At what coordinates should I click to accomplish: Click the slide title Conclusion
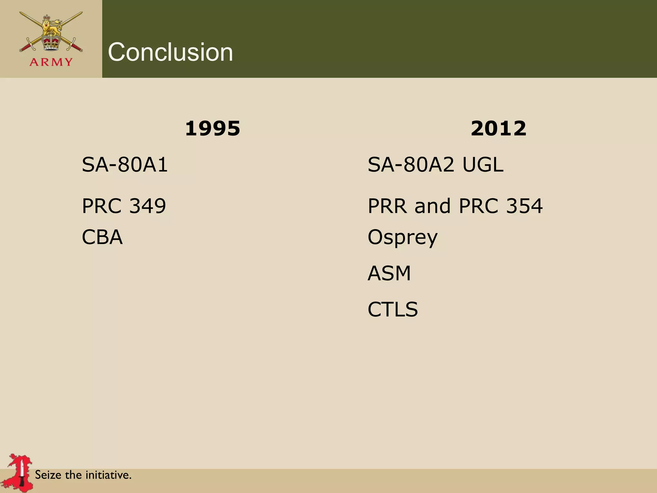pos(170,52)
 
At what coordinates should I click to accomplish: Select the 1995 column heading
pos(213,128)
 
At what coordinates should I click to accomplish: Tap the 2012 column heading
pos(499,128)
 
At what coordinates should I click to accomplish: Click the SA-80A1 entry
pos(125,165)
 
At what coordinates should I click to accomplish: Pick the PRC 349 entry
pos(124,206)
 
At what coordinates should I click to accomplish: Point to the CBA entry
pos(102,237)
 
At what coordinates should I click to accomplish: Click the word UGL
pos(483,165)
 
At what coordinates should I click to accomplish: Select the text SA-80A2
pos(411,165)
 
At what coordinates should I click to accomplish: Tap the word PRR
pos(388,206)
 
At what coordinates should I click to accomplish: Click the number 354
pos(524,206)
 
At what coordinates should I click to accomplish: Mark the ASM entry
pos(389,273)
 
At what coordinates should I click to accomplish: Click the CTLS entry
pos(393,309)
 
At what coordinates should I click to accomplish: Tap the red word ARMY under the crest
pos(51,62)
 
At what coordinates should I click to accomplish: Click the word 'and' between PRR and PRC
pos(432,206)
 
